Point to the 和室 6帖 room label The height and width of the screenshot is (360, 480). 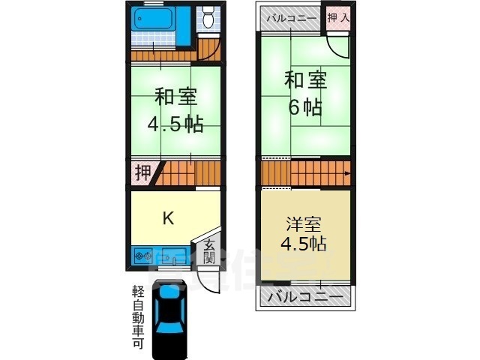(304, 92)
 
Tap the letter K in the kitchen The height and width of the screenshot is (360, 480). (169, 219)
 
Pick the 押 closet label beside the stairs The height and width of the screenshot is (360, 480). (142, 173)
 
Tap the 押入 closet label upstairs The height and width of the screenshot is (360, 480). (337, 16)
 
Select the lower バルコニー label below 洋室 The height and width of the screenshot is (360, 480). (305, 297)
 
